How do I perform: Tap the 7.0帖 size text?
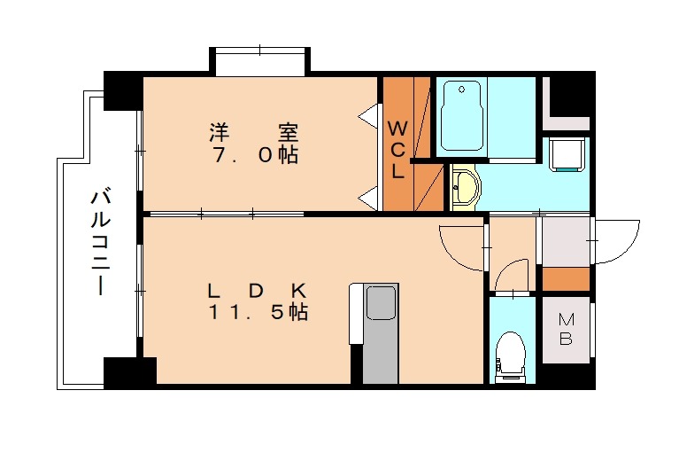point(254,155)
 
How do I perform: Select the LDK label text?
point(257,290)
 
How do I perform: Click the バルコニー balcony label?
point(98,242)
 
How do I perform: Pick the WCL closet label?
point(397,149)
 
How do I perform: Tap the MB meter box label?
point(565,330)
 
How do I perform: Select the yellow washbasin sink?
point(464,187)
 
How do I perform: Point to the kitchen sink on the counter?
point(382,304)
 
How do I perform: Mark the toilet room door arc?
point(513,275)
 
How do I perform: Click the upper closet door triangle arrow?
point(367,116)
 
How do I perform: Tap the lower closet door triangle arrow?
point(367,198)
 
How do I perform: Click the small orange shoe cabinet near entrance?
point(565,278)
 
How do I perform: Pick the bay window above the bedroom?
point(259,62)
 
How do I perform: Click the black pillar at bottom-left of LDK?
point(129,371)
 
